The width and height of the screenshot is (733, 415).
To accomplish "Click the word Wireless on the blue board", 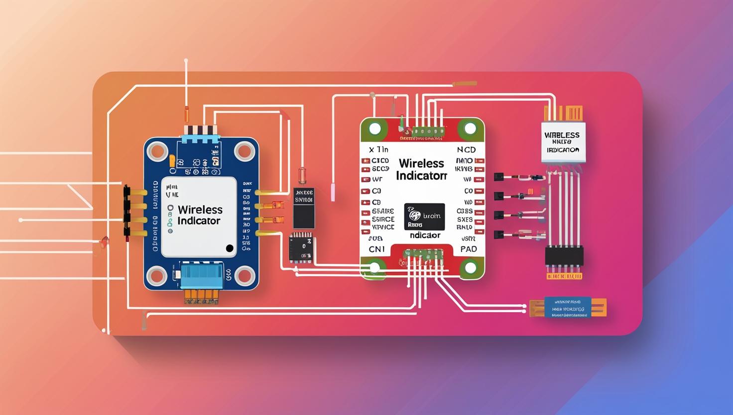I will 200,209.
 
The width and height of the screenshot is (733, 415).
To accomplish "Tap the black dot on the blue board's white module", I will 229,248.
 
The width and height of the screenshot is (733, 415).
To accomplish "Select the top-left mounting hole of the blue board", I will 158,150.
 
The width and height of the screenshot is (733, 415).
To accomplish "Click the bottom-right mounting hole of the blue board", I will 244,275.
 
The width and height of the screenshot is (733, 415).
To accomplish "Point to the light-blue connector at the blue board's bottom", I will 201,276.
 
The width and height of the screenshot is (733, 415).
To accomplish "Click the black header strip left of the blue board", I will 127,210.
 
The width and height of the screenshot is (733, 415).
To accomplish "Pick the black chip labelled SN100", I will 304,207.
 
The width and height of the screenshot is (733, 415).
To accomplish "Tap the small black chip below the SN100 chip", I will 300,247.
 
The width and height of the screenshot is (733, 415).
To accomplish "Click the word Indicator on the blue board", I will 199,221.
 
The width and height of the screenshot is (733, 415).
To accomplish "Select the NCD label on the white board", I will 466,150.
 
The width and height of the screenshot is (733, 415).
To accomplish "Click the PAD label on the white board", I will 468,249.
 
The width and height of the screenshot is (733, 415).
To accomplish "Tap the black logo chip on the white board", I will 425,216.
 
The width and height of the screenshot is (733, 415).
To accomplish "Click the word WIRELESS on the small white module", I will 562,135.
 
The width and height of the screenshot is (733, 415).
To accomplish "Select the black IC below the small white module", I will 564,256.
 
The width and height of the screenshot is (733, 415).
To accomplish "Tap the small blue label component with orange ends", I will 568,307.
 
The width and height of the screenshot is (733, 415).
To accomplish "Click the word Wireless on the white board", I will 421,164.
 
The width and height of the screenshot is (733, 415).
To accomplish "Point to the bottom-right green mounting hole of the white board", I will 470,268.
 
